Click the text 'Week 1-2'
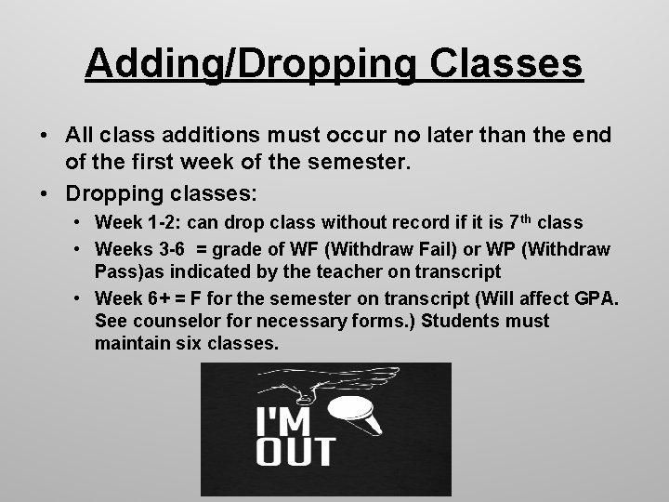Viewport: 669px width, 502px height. click(131, 223)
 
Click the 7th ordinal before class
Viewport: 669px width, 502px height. click(522, 222)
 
